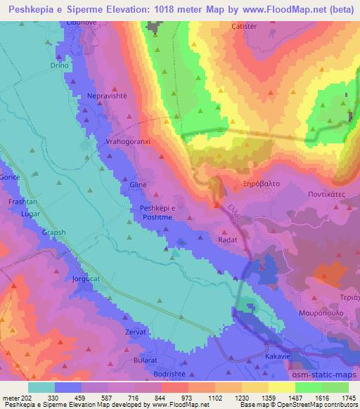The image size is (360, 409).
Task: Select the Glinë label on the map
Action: coord(139,183)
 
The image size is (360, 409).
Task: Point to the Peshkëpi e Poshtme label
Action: coord(163,213)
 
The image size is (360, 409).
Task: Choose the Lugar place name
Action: coord(32,212)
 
